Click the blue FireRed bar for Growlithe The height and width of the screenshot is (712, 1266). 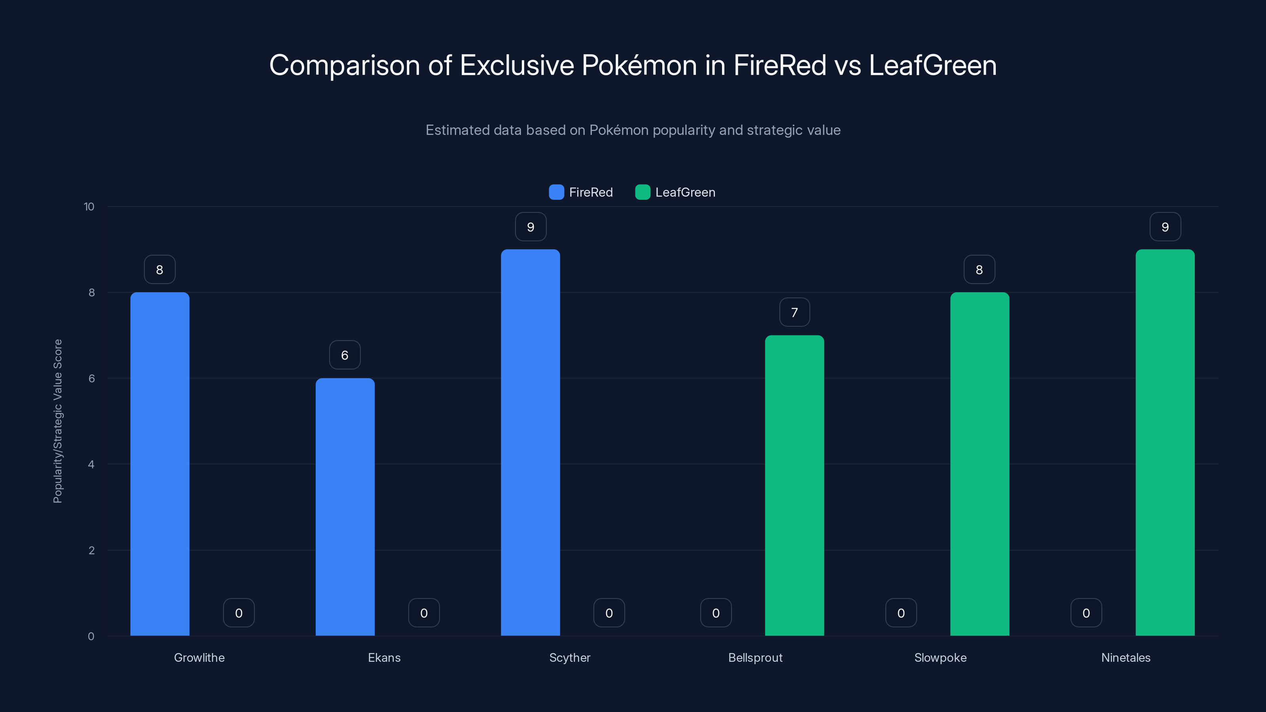click(x=160, y=464)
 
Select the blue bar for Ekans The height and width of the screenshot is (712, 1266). click(x=345, y=507)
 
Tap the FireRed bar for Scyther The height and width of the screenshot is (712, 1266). click(x=530, y=442)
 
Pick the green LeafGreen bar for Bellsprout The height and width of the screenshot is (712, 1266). click(x=794, y=485)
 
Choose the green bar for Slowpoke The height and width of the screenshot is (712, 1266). click(x=980, y=464)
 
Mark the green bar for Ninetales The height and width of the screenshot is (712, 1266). click(x=1165, y=442)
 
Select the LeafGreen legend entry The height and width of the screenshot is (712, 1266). click(x=675, y=192)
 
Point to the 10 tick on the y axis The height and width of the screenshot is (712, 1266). click(x=89, y=206)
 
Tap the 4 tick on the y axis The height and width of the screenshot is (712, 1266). click(x=91, y=464)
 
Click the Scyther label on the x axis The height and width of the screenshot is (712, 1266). click(x=570, y=657)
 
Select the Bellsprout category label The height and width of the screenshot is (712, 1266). click(x=755, y=657)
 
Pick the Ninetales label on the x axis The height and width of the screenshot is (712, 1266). click(x=1126, y=657)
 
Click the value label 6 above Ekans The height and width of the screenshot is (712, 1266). click(x=345, y=355)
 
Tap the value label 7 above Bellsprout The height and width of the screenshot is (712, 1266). click(x=794, y=312)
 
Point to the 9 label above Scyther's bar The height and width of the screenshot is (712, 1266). click(x=530, y=227)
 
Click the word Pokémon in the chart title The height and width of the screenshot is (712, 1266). click(x=639, y=65)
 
